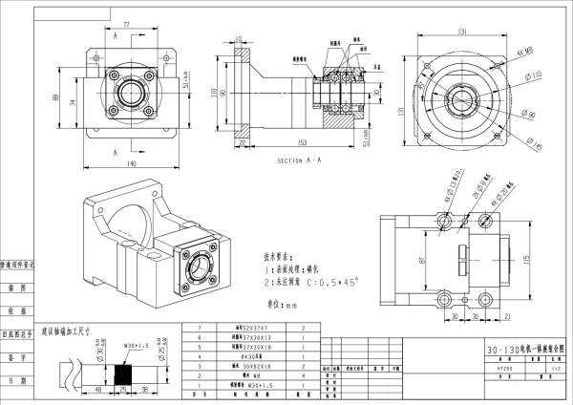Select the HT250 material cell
[x=505, y=367]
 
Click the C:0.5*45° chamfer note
[x=326, y=284]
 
